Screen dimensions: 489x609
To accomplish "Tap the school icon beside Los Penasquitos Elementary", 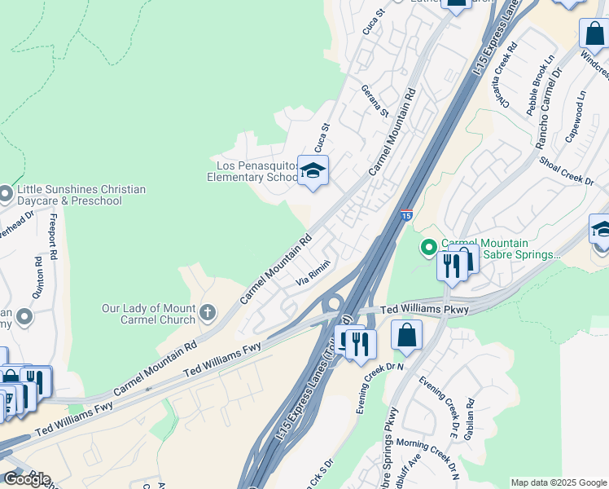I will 313,171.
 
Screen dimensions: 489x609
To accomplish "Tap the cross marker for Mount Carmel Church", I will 208,312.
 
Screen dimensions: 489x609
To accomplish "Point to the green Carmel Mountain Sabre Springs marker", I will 427,246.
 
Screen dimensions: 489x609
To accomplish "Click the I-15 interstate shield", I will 405,216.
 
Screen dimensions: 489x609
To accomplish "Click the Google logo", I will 27,479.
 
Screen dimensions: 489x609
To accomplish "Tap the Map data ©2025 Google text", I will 558,482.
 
